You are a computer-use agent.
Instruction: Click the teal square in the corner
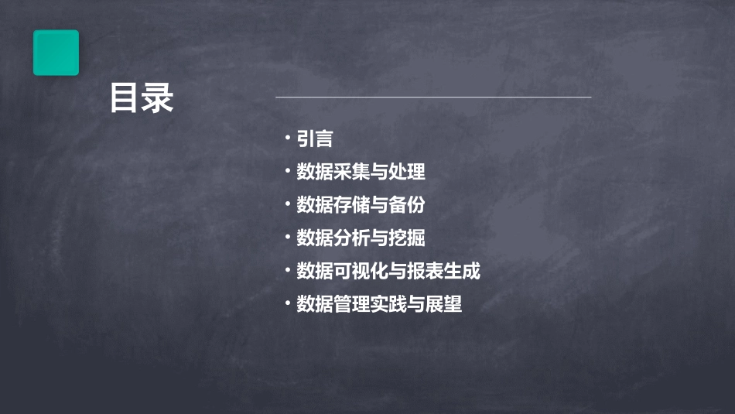[56, 53]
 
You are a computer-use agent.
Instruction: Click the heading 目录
[142, 98]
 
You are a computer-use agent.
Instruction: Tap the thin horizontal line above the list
[433, 98]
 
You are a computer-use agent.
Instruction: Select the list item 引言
[315, 139]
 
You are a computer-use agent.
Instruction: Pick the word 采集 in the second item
[352, 172]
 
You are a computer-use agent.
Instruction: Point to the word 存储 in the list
[352, 205]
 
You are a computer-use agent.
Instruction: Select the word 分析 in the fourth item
[352, 238]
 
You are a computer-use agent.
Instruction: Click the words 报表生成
[453, 272]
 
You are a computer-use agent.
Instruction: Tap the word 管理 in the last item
[352, 305]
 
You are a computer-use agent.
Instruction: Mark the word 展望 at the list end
[443, 305]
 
